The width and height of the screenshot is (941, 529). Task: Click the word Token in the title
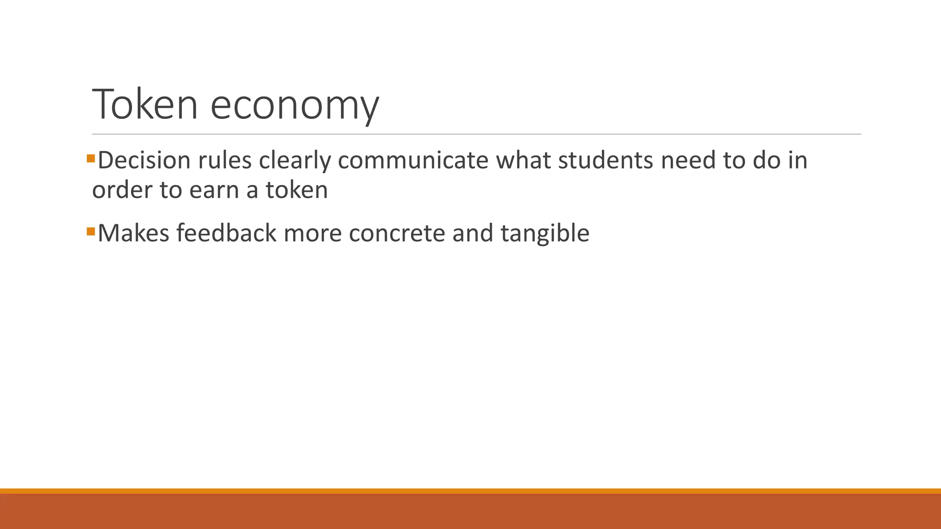[145, 105]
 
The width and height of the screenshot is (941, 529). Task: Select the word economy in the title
[295, 107]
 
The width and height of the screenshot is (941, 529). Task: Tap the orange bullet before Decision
[91, 159]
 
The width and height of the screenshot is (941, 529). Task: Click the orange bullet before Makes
[91, 231]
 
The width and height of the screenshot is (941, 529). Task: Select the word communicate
[413, 160]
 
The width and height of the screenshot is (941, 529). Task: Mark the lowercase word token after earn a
[297, 190]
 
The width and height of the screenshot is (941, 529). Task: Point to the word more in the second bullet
[312, 234]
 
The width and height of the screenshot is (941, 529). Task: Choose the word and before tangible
[473, 233]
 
